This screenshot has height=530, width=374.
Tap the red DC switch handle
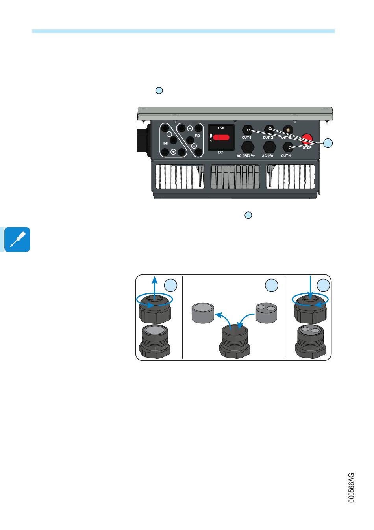click(x=221, y=138)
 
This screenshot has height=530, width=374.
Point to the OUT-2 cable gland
click(x=269, y=129)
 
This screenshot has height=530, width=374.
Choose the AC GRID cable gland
click(x=247, y=147)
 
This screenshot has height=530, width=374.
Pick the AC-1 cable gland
click(x=269, y=147)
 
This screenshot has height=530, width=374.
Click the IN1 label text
click(x=166, y=143)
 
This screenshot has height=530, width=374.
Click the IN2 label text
click(x=198, y=135)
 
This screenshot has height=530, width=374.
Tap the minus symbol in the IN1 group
click(x=168, y=133)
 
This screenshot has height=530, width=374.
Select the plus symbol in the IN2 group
click(x=194, y=146)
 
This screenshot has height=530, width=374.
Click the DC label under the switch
click(x=220, y=152)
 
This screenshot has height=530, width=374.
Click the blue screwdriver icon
click(x=17, y=239)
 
